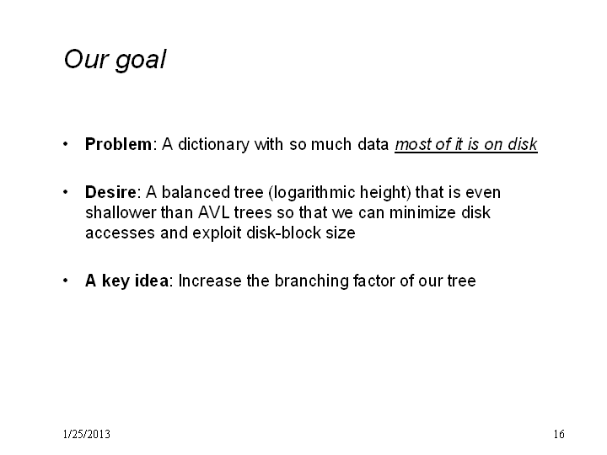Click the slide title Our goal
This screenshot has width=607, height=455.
tap(115, 60)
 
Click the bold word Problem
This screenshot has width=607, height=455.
tap(119, 144)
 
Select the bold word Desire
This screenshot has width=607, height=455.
tap(110, 192)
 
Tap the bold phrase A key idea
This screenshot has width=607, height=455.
tap(127, 281)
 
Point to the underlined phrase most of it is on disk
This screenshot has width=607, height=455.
tap(466, 144)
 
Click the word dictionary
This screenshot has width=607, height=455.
tap(213, 145)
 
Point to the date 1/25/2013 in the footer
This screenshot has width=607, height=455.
tap(86, 434)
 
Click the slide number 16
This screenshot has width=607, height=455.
tap(559, 434)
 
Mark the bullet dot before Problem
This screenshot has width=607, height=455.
tap(66, 144)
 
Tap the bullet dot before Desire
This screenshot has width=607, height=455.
tap(66, 192)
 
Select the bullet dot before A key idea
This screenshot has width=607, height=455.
tap(66, 281)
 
